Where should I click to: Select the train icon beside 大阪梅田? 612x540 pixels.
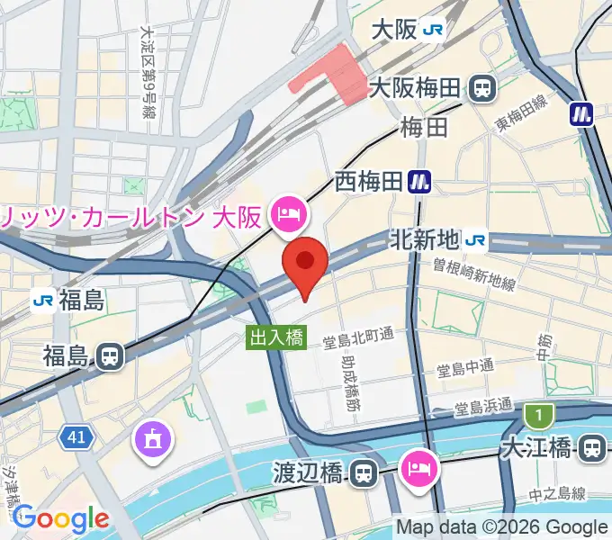[x=483, y=88]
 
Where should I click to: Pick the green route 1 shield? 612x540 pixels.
[x=538, y=416]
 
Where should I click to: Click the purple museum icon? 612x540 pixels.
[x=151, y=439]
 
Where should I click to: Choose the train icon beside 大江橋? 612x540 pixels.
[x=593, y=447]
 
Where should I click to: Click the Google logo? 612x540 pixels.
[x=60, y=518]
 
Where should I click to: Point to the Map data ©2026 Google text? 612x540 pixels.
[x=500, y=527]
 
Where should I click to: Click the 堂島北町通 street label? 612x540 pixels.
[x=359, y=335]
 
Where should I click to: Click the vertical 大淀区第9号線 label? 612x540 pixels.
[x=147, y=72]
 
